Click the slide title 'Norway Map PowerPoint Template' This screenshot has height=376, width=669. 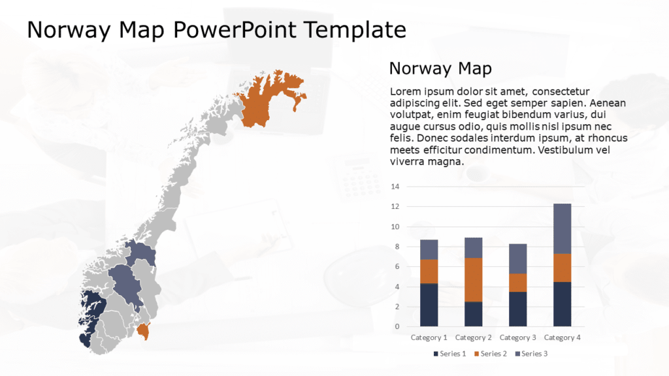coord(216,30)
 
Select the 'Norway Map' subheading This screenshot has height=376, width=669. coord(440,69)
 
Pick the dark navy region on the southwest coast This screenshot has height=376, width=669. coord(90,313)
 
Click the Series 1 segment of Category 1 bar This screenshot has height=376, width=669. coord(429,305)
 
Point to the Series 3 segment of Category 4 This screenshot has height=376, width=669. coord(562,228)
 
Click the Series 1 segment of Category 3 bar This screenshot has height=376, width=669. coord(517,309)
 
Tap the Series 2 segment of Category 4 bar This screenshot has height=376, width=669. coord(562,268)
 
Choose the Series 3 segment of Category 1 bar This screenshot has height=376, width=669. coord(429,249)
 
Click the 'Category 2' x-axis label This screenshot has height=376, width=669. coord(473,337)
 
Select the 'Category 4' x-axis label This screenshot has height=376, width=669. coord(562,337)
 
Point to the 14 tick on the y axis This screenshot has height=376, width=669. coord(395,187)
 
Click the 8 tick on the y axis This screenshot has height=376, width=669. coord(395,247)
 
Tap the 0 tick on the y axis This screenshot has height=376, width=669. coord(395,326)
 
